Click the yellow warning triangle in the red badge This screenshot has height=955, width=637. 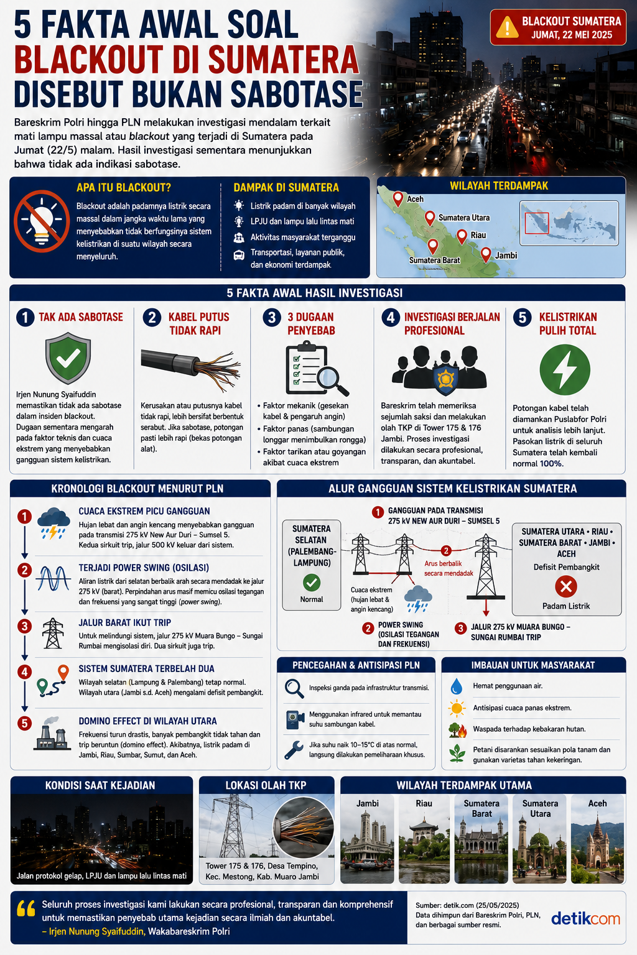click(507, 27)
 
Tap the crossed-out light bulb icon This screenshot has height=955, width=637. click(42, 221)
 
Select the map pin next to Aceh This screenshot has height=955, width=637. click(398, 199)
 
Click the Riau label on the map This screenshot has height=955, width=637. click(478, 235)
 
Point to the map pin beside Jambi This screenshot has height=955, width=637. click(486, 255)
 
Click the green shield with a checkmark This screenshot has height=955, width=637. click(68, 358)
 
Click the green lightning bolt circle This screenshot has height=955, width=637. click(564, 370)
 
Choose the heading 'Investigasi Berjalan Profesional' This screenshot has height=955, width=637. click(452, 323)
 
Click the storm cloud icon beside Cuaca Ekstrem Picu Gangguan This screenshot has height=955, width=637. click(53, 523)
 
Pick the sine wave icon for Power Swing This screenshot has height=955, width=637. click(53, 579)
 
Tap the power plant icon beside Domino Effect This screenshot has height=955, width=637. click(52, 734)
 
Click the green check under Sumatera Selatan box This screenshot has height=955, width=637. click(312, 583)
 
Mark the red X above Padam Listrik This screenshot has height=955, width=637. click(565, 587)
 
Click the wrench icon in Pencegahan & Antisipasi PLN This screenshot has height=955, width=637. click(294, 750)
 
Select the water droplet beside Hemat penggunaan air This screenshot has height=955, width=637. click(457, 686)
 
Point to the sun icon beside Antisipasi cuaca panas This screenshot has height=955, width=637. click(457, 708)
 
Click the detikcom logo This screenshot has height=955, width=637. click(585, 918)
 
